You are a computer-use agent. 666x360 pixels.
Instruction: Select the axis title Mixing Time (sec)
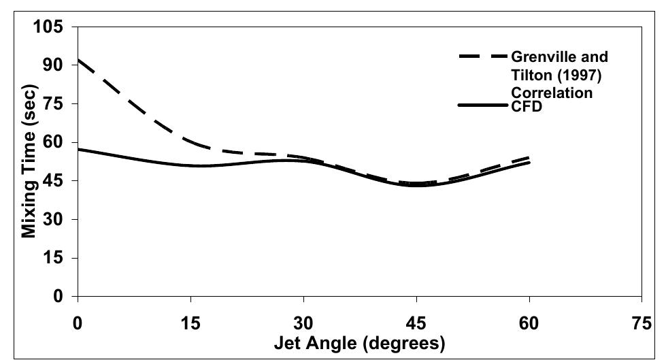(29, 162)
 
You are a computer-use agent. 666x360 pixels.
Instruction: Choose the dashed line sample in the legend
(482, 57)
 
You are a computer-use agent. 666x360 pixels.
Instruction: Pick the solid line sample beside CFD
(482, 105)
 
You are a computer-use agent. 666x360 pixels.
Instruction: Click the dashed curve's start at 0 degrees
(80, 60)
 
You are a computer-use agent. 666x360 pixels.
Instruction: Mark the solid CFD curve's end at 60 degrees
(529, 162)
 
